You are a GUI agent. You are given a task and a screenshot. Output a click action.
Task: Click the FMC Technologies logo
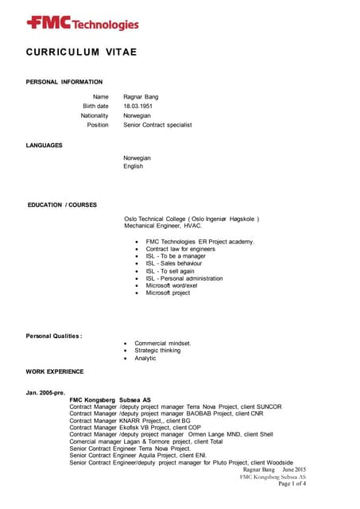pos(82,23)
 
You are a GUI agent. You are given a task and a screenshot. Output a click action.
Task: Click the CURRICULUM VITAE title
pos(81,52)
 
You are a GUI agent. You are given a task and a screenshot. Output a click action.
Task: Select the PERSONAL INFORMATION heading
pos(64,82)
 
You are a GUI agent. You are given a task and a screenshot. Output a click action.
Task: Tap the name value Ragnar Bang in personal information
pos(141,96)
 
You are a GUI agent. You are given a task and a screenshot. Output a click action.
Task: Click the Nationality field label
pos(95,115)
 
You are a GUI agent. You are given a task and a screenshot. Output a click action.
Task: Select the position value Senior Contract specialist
pos(157,125)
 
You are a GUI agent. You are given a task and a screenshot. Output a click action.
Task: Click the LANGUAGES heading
pos(45,146)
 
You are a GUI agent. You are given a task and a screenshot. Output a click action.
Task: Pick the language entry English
pos(133,167)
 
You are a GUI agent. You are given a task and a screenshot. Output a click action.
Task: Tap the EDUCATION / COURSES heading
pos(62,205)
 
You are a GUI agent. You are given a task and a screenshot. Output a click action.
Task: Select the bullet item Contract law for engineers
pos(180,249)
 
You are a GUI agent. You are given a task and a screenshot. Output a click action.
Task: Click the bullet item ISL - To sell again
pos(170,270)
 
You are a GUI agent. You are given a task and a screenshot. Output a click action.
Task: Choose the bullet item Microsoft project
pos(168,293)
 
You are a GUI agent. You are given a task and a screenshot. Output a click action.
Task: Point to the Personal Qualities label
pos(54,337)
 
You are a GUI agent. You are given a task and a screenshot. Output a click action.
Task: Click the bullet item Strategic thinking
pos(157,351)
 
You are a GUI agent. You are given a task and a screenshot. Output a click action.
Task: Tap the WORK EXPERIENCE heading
pos(55,371)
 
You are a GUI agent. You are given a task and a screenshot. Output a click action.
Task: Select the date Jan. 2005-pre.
pos(46,392)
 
